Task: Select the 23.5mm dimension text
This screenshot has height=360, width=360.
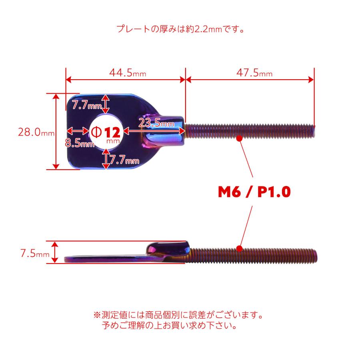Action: point(156,123)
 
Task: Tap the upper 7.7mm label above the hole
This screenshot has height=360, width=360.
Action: point(87,106)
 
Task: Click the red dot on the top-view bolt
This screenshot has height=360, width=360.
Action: point(240,138)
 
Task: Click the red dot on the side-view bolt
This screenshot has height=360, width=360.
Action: point(240,248)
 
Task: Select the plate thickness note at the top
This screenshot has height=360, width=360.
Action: point(180,29)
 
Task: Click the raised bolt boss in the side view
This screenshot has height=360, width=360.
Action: point(168,249)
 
